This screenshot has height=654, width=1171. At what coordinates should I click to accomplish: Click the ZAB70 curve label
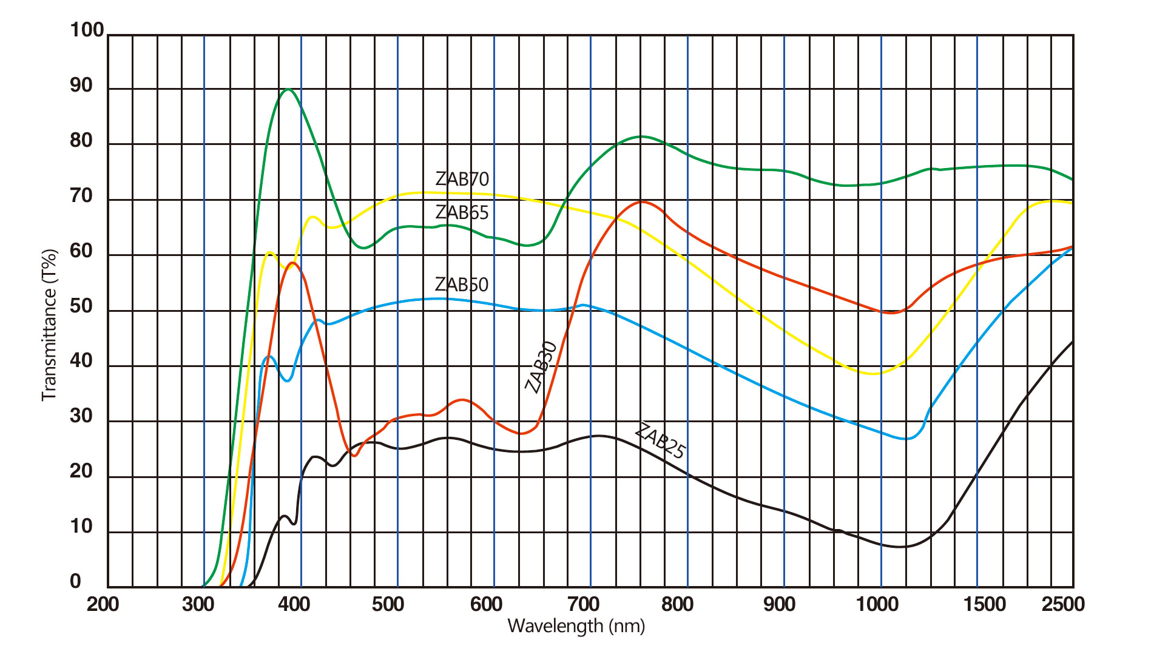[462, 179]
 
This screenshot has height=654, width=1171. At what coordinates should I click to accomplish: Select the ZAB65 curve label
[462, 212]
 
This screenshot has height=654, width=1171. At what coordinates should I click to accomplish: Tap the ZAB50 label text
[462, 285]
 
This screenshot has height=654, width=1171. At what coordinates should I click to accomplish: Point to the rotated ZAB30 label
[541, 367]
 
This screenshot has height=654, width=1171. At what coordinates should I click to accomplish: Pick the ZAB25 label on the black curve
[660, 441]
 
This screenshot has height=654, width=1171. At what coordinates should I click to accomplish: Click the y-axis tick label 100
[87, 30]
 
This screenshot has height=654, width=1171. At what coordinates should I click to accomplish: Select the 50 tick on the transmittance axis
[81, 306]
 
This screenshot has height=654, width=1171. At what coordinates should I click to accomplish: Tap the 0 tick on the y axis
[75, 581]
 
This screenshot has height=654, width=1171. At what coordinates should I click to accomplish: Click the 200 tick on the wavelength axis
[103, 604]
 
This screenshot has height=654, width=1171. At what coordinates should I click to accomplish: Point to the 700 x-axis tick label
[583, 604]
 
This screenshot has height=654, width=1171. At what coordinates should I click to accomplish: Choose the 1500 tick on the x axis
[984, 604]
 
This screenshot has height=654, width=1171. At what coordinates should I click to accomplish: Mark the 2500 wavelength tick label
[1063, 604]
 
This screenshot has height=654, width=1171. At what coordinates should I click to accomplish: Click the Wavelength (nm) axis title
[576, 626]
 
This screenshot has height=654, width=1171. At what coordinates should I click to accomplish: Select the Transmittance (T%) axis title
[49, 325]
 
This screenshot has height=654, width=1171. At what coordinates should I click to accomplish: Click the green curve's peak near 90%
[288, 90]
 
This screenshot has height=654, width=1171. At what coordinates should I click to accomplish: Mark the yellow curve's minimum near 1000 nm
[872, 374]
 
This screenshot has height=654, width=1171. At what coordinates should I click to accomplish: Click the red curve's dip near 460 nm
[354, 455]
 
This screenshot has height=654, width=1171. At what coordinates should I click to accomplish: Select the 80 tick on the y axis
[81, 141]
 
